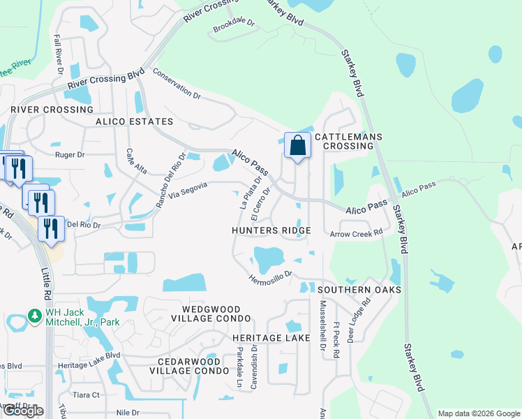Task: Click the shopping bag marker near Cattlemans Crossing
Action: [297, 146]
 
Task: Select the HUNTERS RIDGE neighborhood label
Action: [271, 230]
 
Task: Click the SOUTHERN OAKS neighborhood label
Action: [359, 289]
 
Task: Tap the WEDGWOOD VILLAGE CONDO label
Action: [211, 314]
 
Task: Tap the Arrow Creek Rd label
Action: [357, 233]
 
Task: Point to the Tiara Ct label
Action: [86, 395]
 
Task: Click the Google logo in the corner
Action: [23, 411]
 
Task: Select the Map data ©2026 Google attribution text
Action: [478, 413]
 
